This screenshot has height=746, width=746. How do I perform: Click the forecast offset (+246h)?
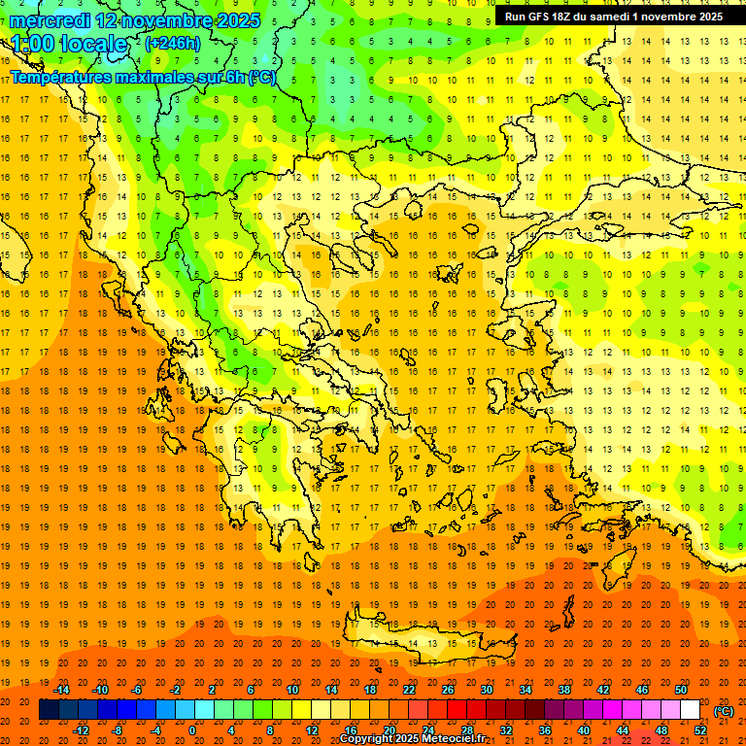point(173,44)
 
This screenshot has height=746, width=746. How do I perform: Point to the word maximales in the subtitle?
point(155,77)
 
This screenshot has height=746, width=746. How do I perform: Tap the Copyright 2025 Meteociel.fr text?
point(412,739)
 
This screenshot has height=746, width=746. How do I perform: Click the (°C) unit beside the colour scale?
point(723,711)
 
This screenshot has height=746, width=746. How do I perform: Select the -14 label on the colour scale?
point(61,690)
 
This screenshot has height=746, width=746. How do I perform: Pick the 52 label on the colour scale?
point(700,730)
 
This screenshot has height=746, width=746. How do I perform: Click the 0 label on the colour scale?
point(191,730)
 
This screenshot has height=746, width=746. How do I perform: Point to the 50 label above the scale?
point(680,690)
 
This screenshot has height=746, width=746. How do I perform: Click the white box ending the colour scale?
point(690,710)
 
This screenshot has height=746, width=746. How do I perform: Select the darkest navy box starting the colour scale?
point(49,710)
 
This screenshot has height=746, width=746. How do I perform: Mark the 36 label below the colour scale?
point(545,730)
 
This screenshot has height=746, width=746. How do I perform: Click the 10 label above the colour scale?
point(291,690)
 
